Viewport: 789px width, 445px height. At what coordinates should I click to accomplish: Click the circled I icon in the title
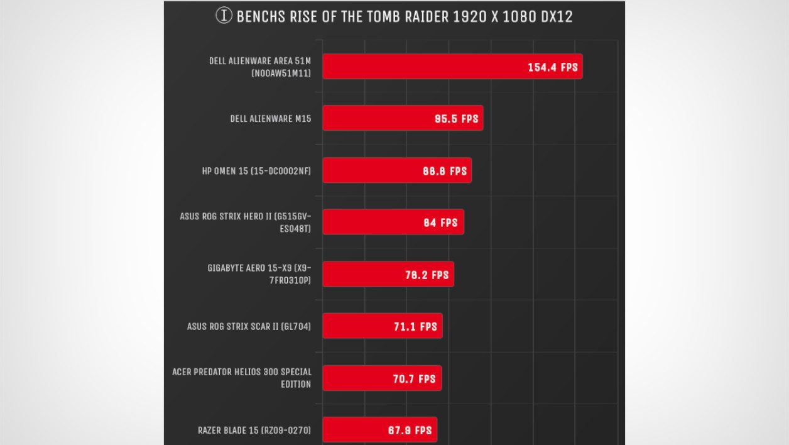click(224, 16)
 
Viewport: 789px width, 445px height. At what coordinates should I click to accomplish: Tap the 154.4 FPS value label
click(552, 67)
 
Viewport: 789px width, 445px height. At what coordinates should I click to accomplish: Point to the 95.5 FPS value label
click(457, 119)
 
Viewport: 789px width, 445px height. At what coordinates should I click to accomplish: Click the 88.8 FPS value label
click(445, 171)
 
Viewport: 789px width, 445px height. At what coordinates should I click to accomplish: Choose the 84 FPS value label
click(440, 222)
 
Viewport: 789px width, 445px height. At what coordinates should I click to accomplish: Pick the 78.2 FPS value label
click(427, 275)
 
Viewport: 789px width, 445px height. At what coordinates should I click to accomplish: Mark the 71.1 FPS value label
click(415, 327)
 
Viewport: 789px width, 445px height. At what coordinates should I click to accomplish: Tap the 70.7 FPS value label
click(414, 379)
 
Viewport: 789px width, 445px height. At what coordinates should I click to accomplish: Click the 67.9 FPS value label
click(410, 431)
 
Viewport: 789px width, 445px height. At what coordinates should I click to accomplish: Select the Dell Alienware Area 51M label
click(260, 67)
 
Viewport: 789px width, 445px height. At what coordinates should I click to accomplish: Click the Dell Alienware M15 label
click(271, 119)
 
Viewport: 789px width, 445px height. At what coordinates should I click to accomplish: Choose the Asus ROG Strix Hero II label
click(245, 222)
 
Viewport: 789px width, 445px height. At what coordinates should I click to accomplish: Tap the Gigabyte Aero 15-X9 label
click(259, 275)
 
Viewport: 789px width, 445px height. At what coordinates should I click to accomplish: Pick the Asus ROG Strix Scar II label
click(249, 327)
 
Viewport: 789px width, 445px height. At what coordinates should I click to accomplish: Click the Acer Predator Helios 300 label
click(242, 378)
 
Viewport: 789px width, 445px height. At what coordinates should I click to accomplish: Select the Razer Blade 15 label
click(254, 431)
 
